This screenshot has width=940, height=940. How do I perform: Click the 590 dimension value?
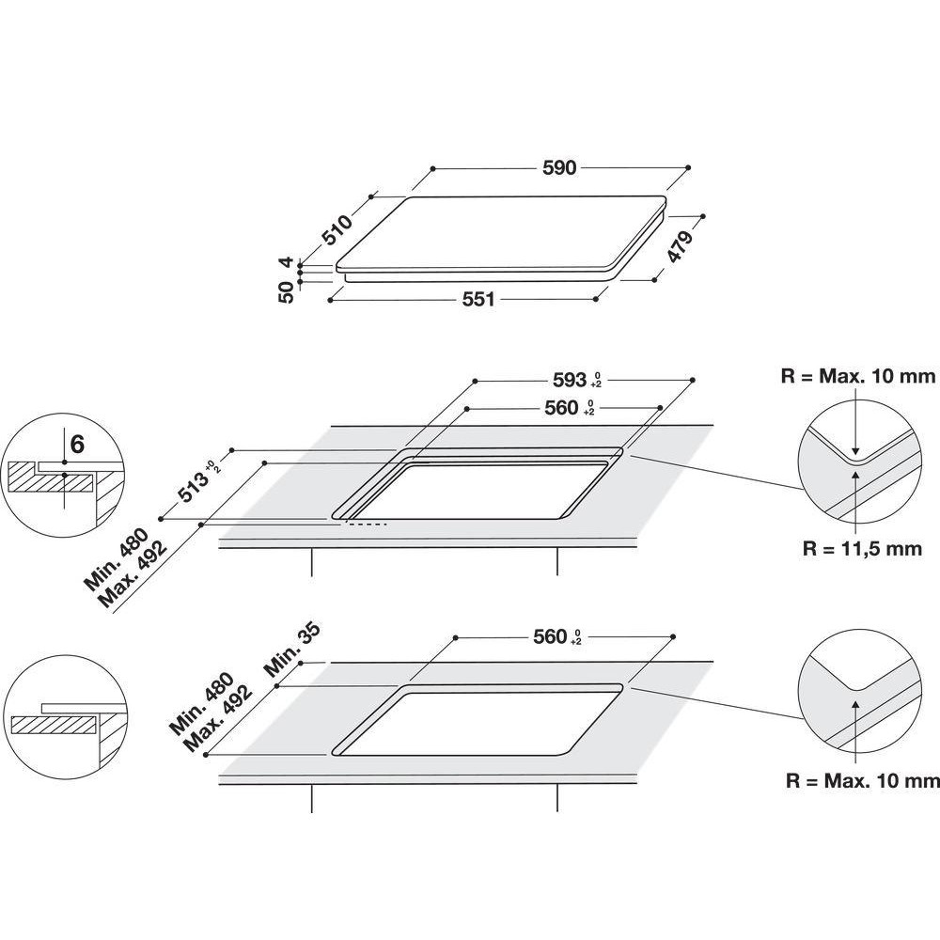[558, 168]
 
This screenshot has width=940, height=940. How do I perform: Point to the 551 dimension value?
[477, 299]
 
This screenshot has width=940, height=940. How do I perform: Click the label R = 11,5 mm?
[863, 549]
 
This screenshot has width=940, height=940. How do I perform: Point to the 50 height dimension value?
[287, 291]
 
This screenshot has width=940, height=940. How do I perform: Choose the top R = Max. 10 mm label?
[858, 377]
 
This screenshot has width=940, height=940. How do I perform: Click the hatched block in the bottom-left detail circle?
[54, 725]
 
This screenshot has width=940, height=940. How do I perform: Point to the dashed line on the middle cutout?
[368, 524]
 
